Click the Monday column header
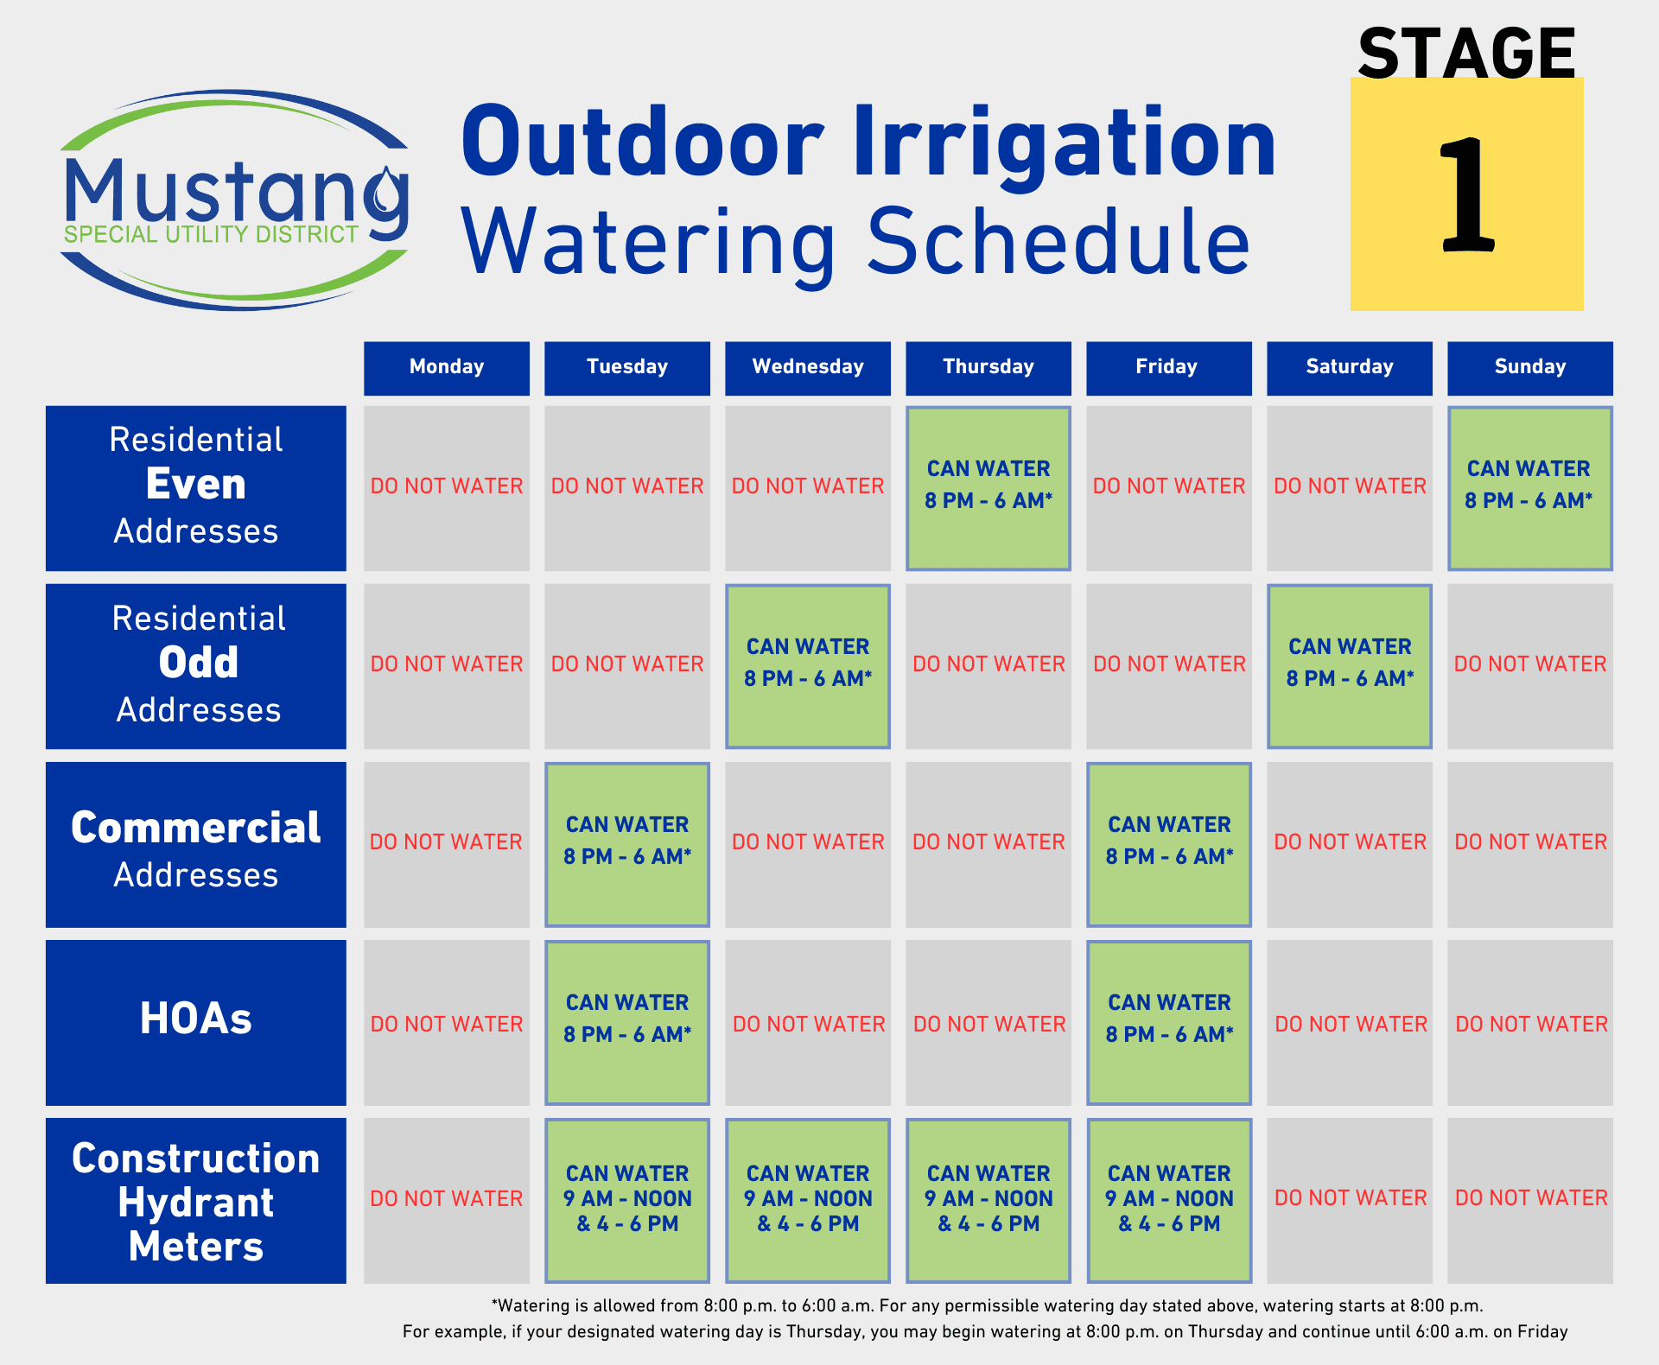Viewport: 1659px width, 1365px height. click(447, 368)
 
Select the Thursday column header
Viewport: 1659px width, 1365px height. click(988, 368)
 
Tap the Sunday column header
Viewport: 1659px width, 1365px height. click(1530, 368)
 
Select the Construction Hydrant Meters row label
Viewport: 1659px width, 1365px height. click(196, 1201)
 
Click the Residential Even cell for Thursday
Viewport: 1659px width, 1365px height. click(988, 488)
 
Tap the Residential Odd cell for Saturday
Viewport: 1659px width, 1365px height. click(1350, 666)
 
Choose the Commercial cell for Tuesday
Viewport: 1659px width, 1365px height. click(627, 844)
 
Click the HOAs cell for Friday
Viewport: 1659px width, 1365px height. click(1169, 1022)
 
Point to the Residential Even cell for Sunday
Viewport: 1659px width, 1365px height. click(1530, 488)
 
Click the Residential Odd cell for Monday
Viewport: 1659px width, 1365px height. click(447, 666)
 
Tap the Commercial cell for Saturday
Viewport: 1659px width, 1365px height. click(1350, 844)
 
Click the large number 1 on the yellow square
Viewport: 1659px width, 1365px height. click(1466, 196)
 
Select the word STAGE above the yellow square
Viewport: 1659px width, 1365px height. click(1466, 54)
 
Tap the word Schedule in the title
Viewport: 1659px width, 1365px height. click(1058, 242)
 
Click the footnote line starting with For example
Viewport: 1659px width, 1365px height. click(985, 1332)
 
